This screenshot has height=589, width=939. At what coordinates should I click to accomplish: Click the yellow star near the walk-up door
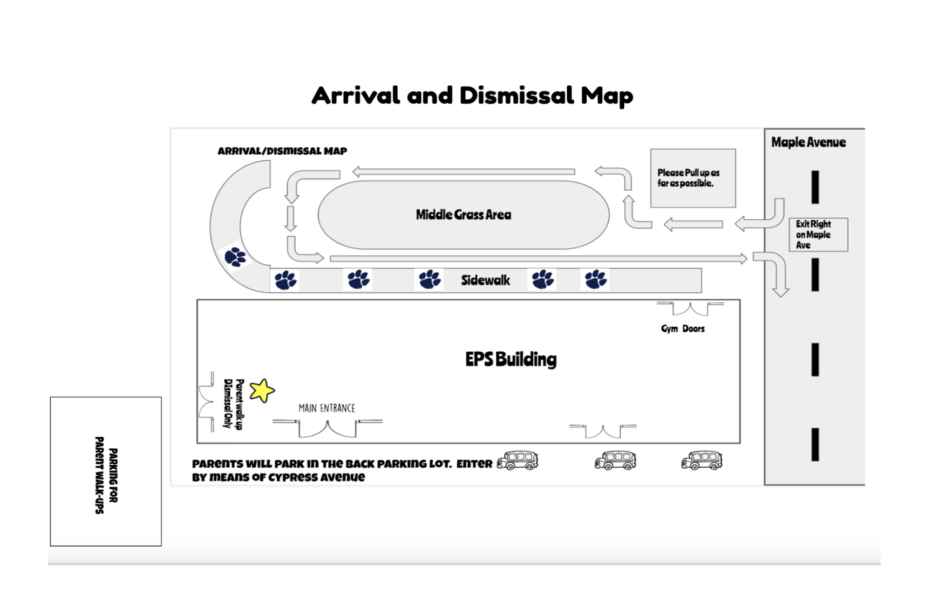[x=262, y=390]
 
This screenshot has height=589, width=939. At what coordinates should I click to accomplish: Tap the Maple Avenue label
[x=808, y=142]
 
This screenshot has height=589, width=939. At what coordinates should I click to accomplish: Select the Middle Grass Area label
[x=463, y=215]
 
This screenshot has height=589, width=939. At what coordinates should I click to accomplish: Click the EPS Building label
[x=511, y=359]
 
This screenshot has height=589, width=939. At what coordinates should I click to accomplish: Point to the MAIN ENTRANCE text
[x=327, y=409]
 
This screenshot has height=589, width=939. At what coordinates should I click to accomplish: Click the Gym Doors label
[x=683, y=329]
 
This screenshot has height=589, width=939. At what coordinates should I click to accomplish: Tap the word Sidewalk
[x=485, y=280]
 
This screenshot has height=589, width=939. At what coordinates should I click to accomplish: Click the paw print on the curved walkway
[x=235, y=257]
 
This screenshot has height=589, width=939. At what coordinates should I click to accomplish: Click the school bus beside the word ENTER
[x=517, y=460]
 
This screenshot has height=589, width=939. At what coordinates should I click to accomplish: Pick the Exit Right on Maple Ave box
[x=818, y=235]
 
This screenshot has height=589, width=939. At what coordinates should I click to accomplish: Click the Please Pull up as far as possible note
[x=693, y=178]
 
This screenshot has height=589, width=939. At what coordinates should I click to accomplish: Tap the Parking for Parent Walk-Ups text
[x=106, y=475]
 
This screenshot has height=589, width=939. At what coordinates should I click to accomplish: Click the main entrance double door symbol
[x=327, y=428]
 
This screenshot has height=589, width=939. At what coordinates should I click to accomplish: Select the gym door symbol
[x=690, y=308]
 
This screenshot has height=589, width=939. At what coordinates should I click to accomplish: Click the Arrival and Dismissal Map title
[x=472, y=96]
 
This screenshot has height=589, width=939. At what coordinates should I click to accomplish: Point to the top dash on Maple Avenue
[x=815, y=187]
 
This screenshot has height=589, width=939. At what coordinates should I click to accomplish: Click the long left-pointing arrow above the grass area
[x=463, y=172]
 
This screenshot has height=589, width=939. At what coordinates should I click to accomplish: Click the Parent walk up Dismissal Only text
[x=234, y=404]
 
